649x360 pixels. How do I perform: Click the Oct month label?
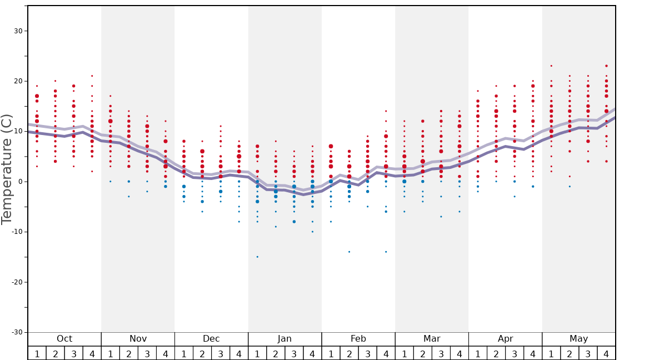click(x=64, y=339)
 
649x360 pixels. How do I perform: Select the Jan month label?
click(x=284, y=339)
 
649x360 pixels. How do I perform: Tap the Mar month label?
click(x=432, y=339)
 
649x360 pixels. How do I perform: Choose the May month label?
click(x=578, y=339)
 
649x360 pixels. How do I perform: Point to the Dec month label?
click(x=211, y=339)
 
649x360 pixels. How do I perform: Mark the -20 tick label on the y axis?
click(x=16, y=282)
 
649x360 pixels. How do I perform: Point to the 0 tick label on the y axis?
click(x=19, y=182)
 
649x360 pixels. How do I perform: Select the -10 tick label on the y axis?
click(x=16, y=232)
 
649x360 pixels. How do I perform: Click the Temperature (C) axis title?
click(x=7, y=169)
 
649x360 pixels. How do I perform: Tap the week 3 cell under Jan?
click(x=294, y=353)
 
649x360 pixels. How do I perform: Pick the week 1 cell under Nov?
click(x=111, y=353)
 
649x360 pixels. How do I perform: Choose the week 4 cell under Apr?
click(x=533, y=353)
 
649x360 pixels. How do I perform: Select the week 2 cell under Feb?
click(x=349, y=353)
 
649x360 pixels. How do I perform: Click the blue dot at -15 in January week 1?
click(x=257, y=257)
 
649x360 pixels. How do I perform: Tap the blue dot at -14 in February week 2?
click(x=349, y=252)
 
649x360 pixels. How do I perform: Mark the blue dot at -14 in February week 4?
click(x=386, y=252)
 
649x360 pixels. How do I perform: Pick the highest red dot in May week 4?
click(x=606, y=66)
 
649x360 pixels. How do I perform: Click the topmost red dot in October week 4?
click(x=92, y=76)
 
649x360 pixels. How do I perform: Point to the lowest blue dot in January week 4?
click(x=312, y=232)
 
